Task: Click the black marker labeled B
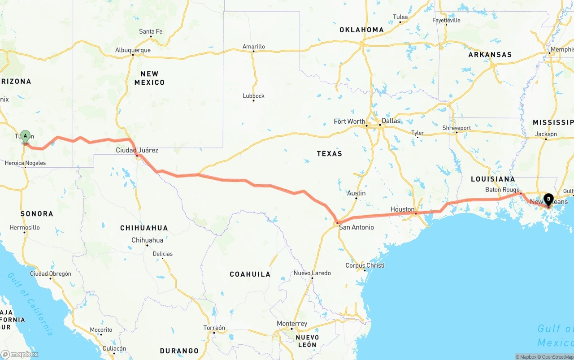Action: tap(548, 199)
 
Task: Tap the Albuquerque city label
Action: tap(133, 50)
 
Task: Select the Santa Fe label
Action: tap(151, 31)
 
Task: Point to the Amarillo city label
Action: tap(254, 47)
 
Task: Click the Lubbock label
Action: tap(253, 96)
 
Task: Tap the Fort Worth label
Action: tap(349, 121)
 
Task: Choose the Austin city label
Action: tap(357, 193)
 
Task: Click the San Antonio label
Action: tap(356, 227)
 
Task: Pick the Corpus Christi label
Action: tap(365, 265)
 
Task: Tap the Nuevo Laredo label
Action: tap(312, 273)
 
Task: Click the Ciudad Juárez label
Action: tap(137, 150)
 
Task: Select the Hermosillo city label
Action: tap(25, 228)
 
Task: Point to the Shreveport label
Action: tap(457, 128)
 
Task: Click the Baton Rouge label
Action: tap(502, 190)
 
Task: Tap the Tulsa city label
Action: tap(400, 17)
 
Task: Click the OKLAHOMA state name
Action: tap(361, 30)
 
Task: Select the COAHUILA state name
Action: tap(250, 274)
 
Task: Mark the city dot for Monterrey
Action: tap(291, 329)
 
